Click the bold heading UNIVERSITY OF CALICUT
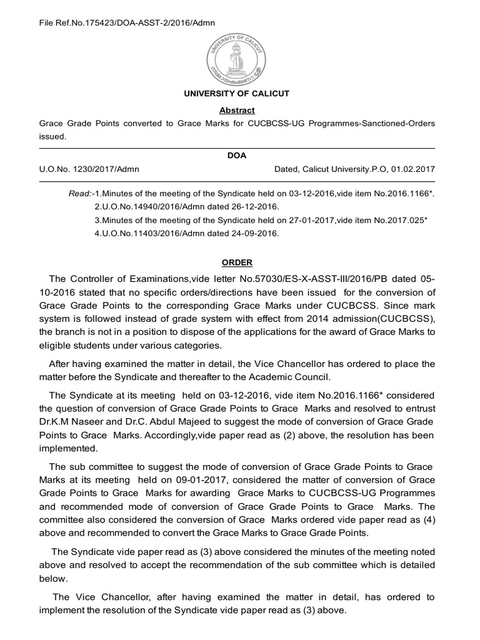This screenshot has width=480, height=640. (x=236, y=94)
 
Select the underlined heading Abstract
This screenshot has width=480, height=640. (x=236, y=110)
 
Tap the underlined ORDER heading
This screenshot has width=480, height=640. (x=236, y=262)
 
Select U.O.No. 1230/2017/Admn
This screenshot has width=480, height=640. (x=89, y=169)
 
